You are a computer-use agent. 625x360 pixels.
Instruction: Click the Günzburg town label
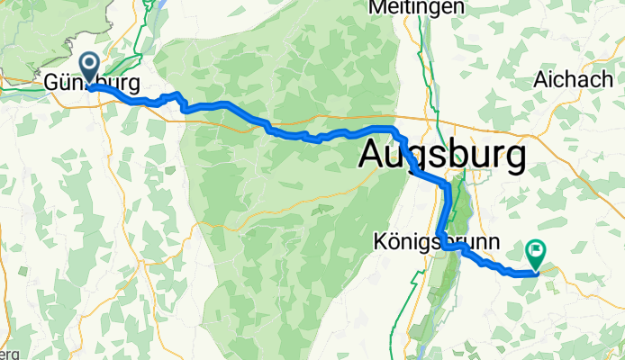(91, 85)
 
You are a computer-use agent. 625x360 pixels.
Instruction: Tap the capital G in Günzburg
(52, 85)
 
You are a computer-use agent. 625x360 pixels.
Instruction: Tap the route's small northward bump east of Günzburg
(177, 95)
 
